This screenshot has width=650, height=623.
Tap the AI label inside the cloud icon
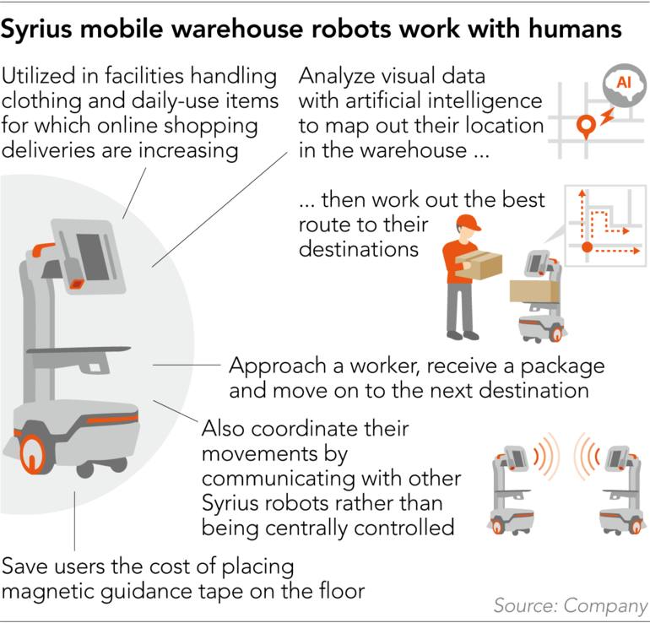tap(624, 82)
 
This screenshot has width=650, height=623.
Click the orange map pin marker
tap(586, 126)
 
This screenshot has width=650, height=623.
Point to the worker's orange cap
tap(469, 223)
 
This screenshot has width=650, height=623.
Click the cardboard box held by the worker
tap(479, 264)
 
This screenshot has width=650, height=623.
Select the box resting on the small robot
tap(534, 291)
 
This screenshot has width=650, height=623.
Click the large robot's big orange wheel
tap(33, 454)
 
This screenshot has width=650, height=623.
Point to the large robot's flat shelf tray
tap(79, 350)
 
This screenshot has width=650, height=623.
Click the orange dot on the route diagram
tap(587, 247)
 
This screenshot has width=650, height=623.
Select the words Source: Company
tap(571, 605)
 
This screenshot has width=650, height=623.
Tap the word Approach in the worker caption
tap(279, 367)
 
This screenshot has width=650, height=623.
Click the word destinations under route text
tap(359, 250)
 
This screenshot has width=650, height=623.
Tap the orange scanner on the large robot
tap(77, 284)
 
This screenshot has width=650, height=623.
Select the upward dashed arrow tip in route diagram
tap(582, 192)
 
